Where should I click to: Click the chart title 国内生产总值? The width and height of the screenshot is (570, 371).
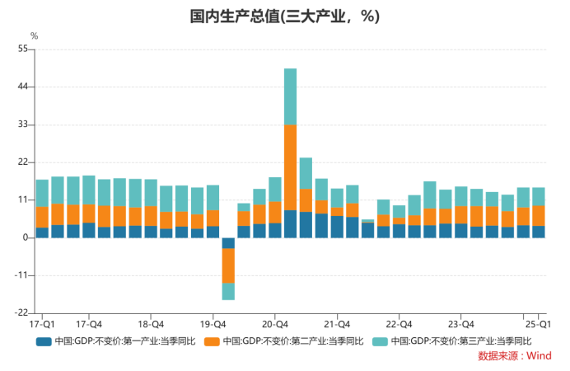[284, 16]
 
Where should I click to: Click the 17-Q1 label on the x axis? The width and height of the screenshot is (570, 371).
[42, 324]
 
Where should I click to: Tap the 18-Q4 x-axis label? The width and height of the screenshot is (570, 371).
[151, 324]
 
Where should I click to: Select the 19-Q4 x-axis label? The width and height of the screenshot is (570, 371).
[213, 324]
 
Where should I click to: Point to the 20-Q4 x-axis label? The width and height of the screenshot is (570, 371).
[275, 324]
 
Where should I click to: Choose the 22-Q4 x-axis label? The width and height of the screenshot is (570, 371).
[399, 324]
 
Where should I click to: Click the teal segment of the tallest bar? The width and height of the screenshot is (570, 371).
[290, 96]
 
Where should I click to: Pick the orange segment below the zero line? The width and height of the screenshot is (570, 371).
[228, 265]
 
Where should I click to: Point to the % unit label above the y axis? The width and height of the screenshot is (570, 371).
[34, 35]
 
